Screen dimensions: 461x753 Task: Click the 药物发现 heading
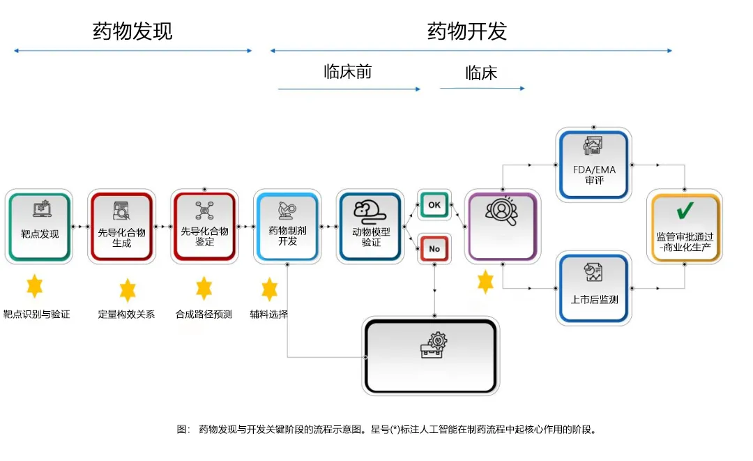coord(132,31)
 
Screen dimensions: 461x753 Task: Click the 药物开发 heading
coord(466,31)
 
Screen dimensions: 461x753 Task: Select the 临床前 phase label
coord(347,72)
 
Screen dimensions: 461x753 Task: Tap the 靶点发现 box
coord(39,227)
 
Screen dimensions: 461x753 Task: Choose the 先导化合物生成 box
coord(121,227)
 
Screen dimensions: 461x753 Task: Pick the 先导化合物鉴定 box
coord(204,227)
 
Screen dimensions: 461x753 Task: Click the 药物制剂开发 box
coord(287,227)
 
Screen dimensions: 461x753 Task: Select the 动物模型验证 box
coord(370,227)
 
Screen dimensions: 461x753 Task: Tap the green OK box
coord(434,204)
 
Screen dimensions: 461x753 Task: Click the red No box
coord(434,249)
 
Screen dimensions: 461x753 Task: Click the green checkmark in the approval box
coord(685,211)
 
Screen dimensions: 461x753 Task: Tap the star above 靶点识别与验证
coord(34,286)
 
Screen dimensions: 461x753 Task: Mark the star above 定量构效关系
coord(127,289)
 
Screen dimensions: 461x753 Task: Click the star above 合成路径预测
coord(204,287)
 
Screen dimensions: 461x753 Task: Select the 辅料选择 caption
coord(269,315)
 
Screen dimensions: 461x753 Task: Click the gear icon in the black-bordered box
coord(432,346)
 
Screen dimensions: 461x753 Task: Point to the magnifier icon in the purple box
coord(501,212)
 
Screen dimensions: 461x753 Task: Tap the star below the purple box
coord(485,282)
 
